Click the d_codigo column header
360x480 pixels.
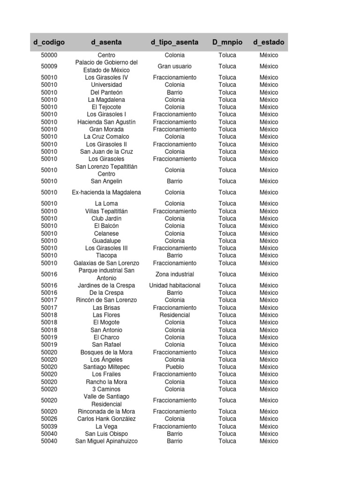tap(49, 42)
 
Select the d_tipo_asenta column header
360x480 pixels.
tap(174, 42)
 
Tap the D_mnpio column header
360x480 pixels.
tap(227, 42)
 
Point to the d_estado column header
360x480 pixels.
tap(269, 42)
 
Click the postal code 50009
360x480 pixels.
tap(49, 66)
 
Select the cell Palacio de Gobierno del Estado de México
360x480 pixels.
tap(106, 66)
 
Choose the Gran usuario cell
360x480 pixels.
tap(174, 66)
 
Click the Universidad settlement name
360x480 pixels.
tap(106, 85)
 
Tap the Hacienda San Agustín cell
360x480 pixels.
tap(106, 122)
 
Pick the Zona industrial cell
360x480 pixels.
tap(174, 274)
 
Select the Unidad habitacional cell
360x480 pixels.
tap(174, 285)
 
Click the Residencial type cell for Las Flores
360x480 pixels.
tap(174, 315)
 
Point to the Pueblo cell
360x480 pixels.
tap(174, 367)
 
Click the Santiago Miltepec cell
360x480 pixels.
tap(106, 367)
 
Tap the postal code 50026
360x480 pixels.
tap(49, 419)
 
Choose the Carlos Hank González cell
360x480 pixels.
tap(106, 419)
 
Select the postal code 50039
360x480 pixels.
tap(49, 427)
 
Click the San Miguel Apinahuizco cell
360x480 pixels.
tap(106, 441)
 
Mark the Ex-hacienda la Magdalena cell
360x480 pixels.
tap(106, 192)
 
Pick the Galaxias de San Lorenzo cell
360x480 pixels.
tap(106, 263)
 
